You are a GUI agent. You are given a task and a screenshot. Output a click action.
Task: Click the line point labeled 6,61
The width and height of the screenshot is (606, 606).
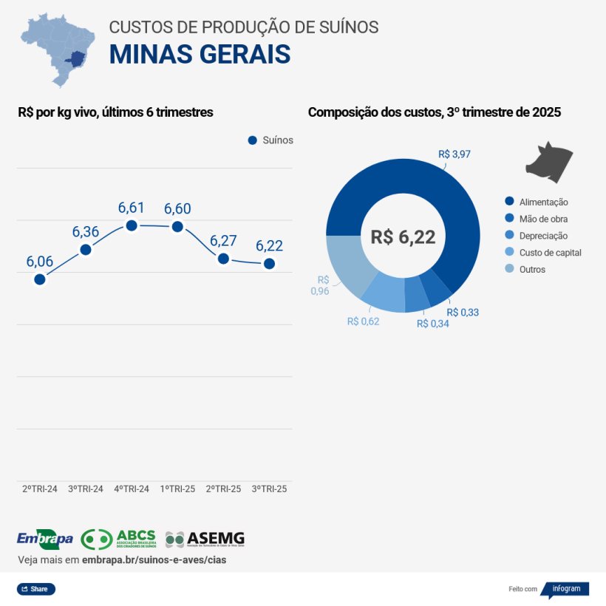click(x=132, y=225)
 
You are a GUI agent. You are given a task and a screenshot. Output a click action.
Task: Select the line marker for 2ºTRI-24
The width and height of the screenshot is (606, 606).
click(x=40, y=279)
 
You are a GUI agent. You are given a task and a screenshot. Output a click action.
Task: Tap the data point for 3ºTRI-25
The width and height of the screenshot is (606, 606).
click(x=269, y=264)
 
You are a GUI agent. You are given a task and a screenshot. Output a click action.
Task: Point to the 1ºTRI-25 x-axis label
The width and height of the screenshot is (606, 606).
click(x=177, y=489)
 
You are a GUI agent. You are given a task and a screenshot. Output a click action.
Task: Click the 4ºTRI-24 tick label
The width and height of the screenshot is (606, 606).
click(x=132, y=489)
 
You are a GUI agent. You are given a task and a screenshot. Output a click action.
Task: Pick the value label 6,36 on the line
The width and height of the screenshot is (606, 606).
click(x=86, y=232)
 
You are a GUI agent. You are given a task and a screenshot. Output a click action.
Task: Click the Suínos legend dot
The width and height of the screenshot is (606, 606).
click(x=252, y=140)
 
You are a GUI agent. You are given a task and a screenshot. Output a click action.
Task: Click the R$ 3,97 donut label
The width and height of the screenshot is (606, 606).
click(x=454, y=154)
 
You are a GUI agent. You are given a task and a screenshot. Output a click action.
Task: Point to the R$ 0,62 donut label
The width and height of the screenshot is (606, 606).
click(x=363, y=321)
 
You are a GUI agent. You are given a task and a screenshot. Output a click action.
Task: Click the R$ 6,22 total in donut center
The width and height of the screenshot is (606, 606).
click(x=403, y=237)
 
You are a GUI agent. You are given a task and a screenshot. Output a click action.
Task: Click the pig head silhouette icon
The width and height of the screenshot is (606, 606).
click(x=550, y=160)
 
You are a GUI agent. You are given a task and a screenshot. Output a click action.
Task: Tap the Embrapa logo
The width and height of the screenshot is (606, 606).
click(x=44, y=539)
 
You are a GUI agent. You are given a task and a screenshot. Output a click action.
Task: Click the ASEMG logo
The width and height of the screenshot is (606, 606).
click(x=205, y=539)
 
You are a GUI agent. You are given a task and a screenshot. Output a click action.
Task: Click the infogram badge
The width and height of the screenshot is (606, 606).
click(x=565, y=589)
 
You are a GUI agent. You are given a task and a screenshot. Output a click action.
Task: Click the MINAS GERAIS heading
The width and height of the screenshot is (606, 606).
click(x=200, y=55)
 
